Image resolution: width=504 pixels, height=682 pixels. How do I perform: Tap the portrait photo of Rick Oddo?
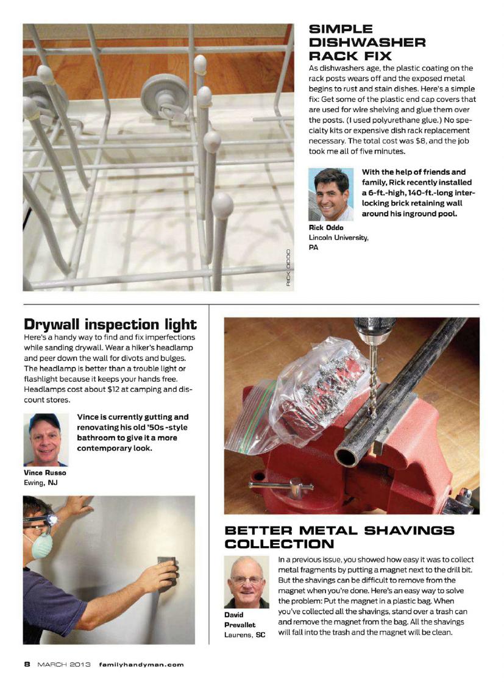click(x=331, y=194)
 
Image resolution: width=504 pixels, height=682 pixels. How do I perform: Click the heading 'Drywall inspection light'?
click(x=110, y=324)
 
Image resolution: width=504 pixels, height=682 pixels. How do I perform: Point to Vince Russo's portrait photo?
click(x=46, y=439)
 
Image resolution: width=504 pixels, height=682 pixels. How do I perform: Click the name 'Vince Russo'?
click(x=44, y=473)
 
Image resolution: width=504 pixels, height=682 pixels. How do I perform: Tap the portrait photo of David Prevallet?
click(x=246, y=583)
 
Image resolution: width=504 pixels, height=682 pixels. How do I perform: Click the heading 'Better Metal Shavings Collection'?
click(x=339, y=537)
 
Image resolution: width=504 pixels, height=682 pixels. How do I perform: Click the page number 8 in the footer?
click(x=27, y=664)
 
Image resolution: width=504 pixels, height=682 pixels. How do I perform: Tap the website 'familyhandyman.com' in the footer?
click(x=141, y=664)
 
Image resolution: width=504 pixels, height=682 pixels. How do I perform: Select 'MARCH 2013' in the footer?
click(x=63, y=664)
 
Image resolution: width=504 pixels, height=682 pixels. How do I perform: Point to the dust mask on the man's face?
click(x=37, y=545)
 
